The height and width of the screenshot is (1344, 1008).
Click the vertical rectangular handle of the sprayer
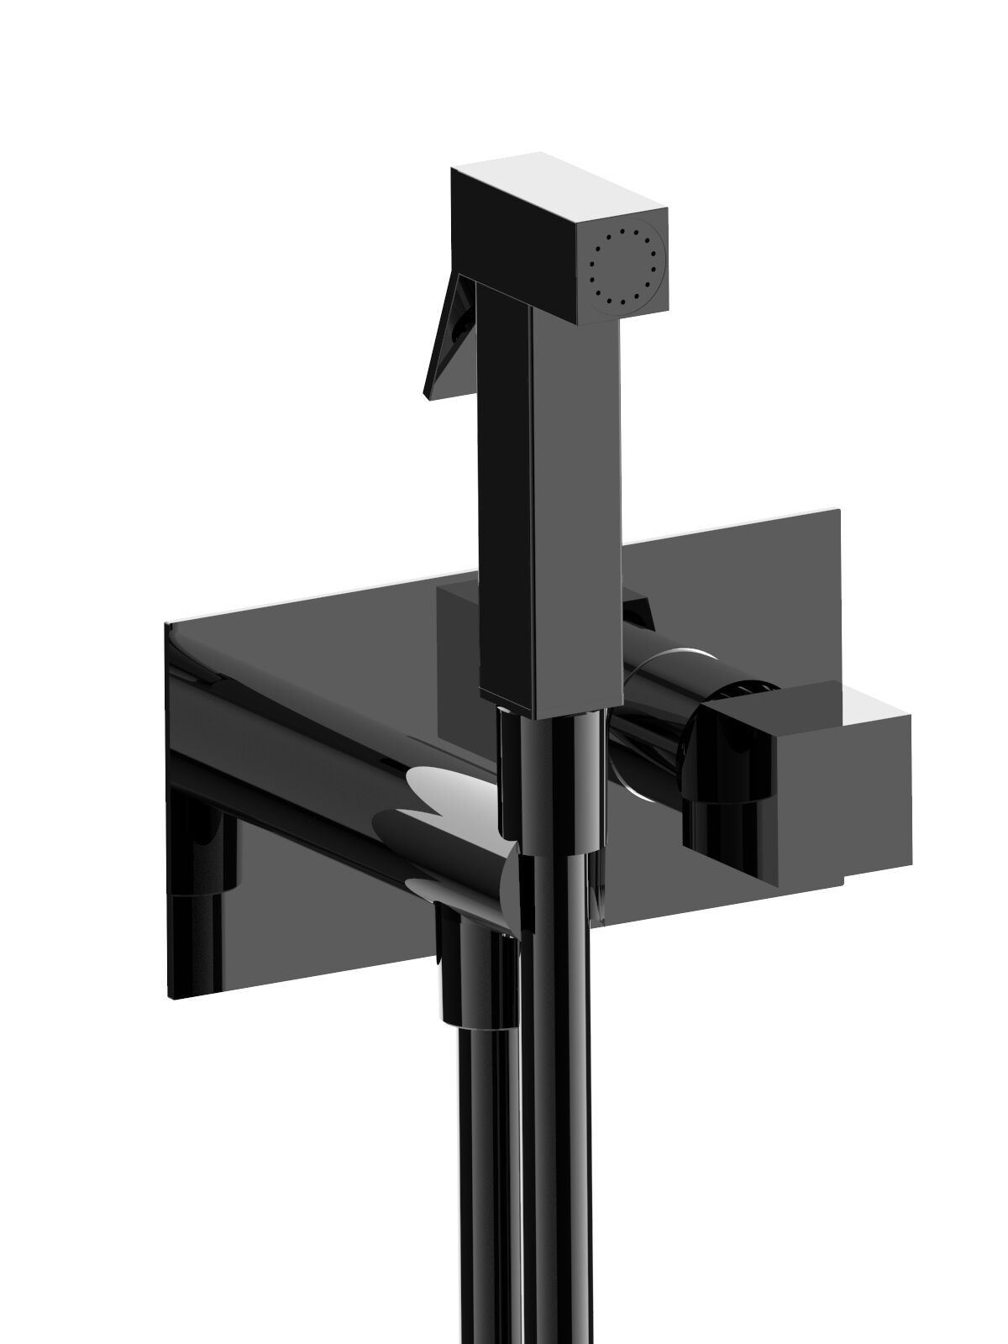(x=550, y=487)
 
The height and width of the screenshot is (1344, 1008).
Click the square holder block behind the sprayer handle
(x=458, y=638)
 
